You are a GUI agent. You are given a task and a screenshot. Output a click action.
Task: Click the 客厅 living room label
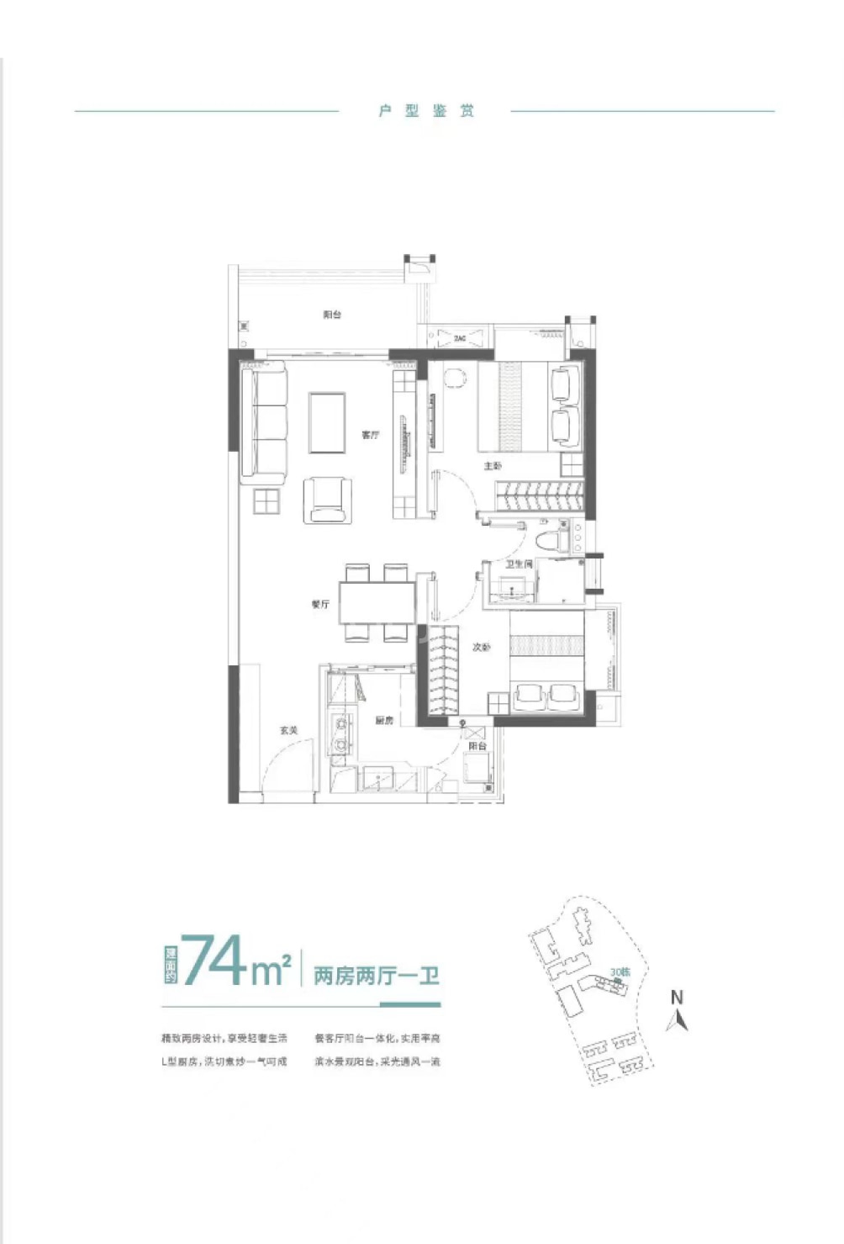coord(370,435)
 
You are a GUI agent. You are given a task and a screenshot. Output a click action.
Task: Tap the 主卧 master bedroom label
coord(493,465)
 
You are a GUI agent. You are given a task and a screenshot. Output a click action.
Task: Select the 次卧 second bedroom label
coord(481,648)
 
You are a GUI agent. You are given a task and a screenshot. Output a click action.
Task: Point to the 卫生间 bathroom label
coord(520,564)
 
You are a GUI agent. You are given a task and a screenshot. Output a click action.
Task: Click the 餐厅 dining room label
coord(319,604)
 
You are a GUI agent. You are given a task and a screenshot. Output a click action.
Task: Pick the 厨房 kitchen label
coord(384,721)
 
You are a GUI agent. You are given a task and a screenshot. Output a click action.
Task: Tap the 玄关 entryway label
coord(288,730)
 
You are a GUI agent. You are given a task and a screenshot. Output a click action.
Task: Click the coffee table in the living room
coord(327,422)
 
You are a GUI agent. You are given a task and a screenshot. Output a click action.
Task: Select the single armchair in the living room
coord(327,500)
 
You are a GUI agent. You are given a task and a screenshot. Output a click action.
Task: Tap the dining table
coord(377,602)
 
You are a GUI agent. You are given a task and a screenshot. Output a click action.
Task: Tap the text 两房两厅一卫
coord(377,977)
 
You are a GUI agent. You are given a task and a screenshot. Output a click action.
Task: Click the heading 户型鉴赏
coord(425,111)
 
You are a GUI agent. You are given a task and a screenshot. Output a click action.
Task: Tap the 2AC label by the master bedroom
coord(460,338)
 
